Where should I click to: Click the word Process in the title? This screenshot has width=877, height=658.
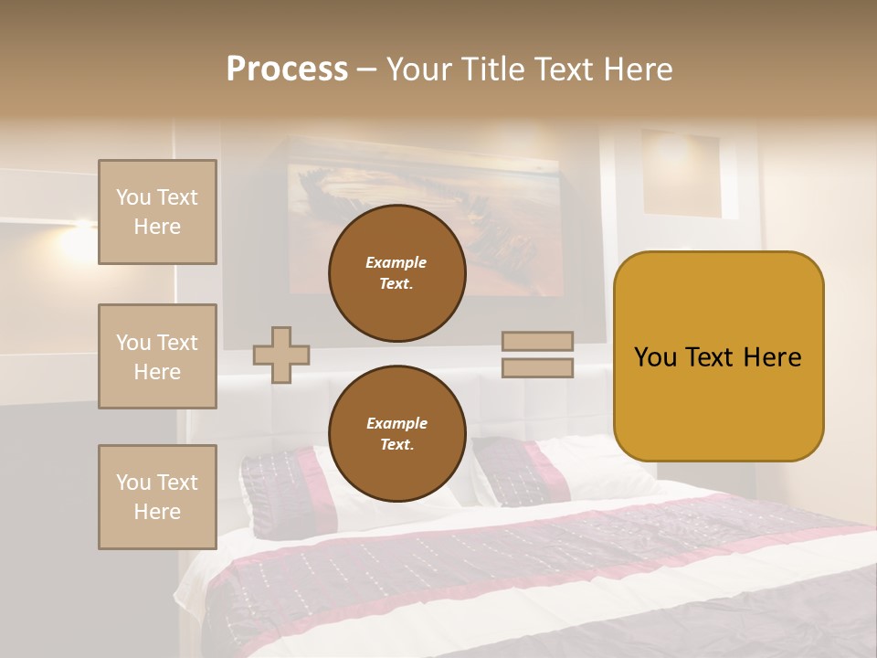(x=287, y=69)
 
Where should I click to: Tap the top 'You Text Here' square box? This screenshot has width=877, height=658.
(x=157, y=212)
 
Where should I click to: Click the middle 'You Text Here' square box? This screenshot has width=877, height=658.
(x=157, y=356)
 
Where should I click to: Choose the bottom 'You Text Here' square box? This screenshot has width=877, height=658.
(x=157, y=497)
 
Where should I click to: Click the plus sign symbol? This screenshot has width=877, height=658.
(x=281, y=355)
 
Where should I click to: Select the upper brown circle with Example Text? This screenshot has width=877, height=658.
(x=396, y=272)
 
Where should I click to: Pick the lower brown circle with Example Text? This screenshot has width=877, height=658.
(x=396, y=433)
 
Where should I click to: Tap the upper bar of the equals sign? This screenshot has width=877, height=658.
(x=537, y=341)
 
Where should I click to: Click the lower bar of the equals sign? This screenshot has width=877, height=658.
(x=537, y=367)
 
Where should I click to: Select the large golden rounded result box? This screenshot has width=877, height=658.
(x=718, y=356)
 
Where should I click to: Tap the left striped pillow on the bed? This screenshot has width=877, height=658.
(x=279, y=489)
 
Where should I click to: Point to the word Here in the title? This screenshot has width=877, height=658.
(x=636, y=69)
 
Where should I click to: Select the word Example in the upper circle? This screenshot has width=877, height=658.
(x=396, y=262)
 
